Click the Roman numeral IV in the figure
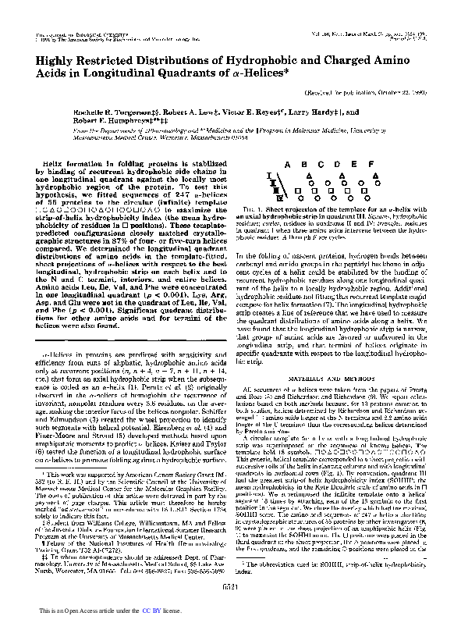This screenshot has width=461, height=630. click(x=274, y=198)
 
